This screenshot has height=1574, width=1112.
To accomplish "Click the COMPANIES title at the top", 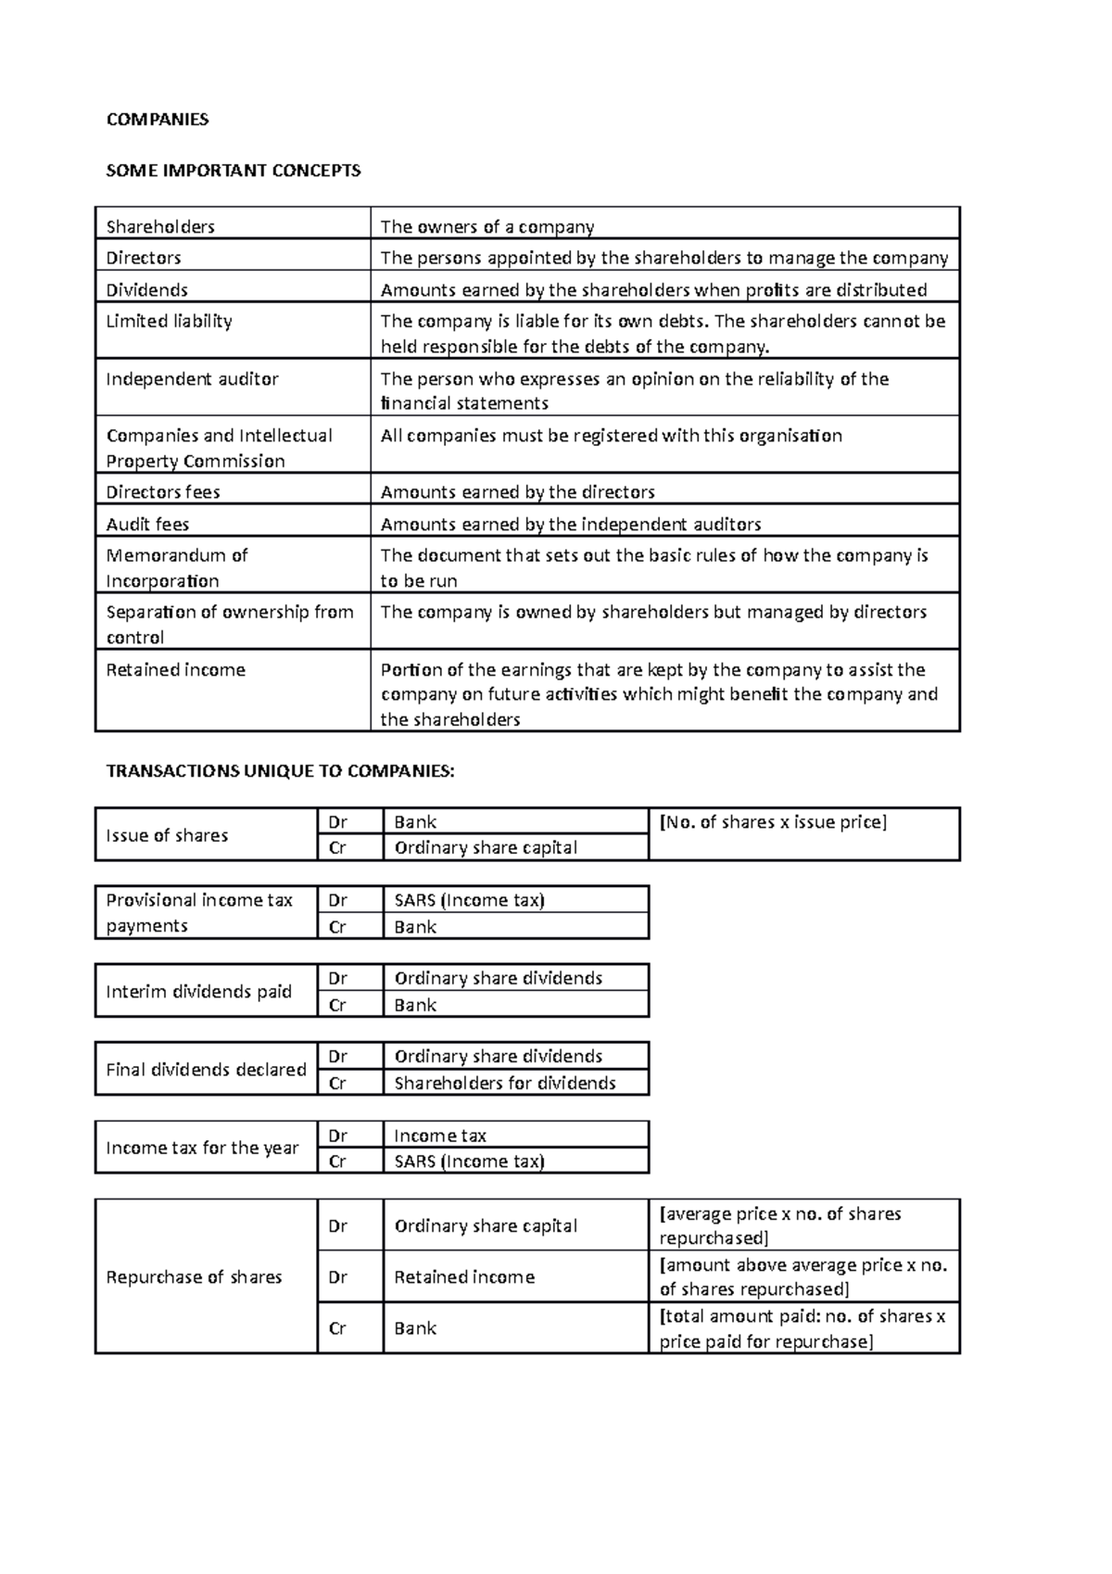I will [158, 119].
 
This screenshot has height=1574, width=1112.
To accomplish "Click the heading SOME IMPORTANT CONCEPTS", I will [234, 171].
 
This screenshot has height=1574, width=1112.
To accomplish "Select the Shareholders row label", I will [160, 226].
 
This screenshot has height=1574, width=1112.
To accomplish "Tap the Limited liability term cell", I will [169, 321].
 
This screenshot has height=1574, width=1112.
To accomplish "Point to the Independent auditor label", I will [192, 378].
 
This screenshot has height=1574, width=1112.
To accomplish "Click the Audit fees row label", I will [147, 524].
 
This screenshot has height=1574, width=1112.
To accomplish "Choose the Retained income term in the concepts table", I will [175, 669].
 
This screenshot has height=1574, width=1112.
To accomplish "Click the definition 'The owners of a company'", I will [487, 226].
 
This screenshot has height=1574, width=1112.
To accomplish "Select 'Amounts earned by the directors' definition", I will [517, 491].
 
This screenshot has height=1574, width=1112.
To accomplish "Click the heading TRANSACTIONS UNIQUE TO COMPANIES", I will [281, 771].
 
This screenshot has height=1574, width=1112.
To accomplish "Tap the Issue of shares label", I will [167, 835].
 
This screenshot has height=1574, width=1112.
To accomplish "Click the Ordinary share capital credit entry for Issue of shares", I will [486, 847].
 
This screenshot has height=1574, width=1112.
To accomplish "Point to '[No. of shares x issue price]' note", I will [773, 822].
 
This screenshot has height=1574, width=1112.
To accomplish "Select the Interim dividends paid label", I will [198, 991].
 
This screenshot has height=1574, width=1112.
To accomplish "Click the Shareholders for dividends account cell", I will [505, 1083].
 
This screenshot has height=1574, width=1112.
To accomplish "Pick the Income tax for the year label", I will [202, 1148].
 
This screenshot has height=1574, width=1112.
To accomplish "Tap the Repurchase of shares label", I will [194, 1276].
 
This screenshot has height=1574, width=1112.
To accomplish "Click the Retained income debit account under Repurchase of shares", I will [464, 1276].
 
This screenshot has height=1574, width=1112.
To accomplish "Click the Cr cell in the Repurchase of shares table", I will [338, 1328].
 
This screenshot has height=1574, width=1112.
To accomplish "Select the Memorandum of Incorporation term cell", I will [176, 567].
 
